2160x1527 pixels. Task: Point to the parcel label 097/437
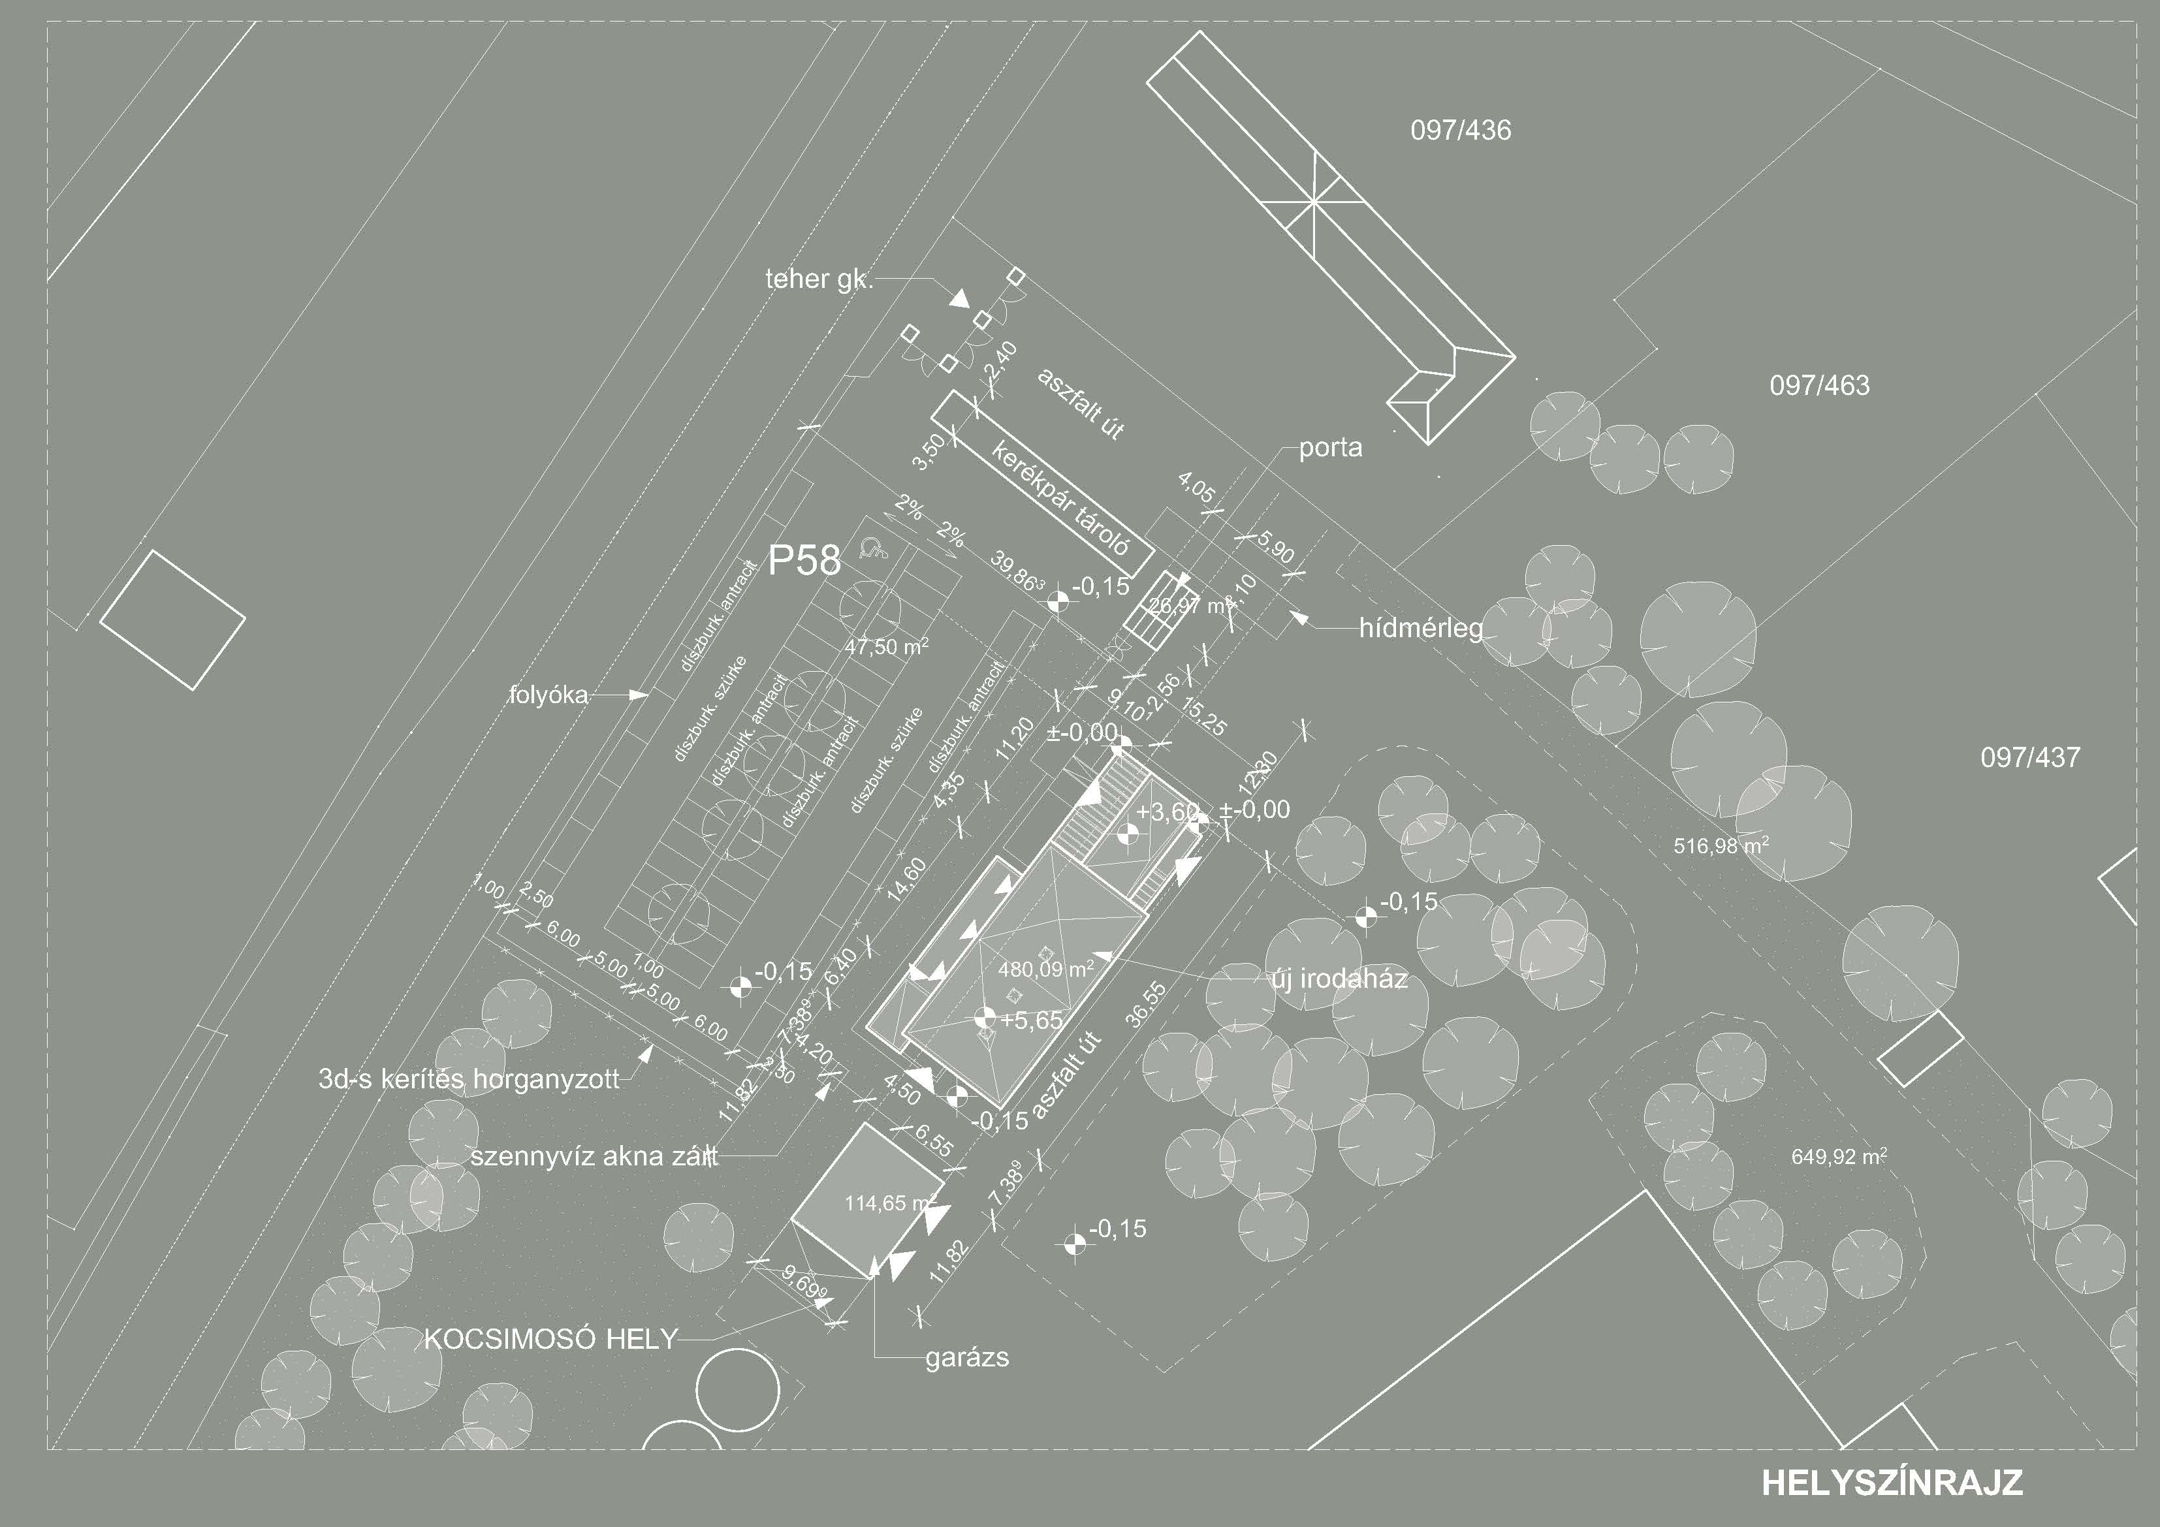2030,757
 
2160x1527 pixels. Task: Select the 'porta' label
1330,448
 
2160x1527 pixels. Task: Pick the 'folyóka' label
548,695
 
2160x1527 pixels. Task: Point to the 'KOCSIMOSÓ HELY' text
550,1339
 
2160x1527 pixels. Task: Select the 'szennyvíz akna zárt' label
594,1156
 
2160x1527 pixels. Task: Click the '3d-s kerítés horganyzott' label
469,1079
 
